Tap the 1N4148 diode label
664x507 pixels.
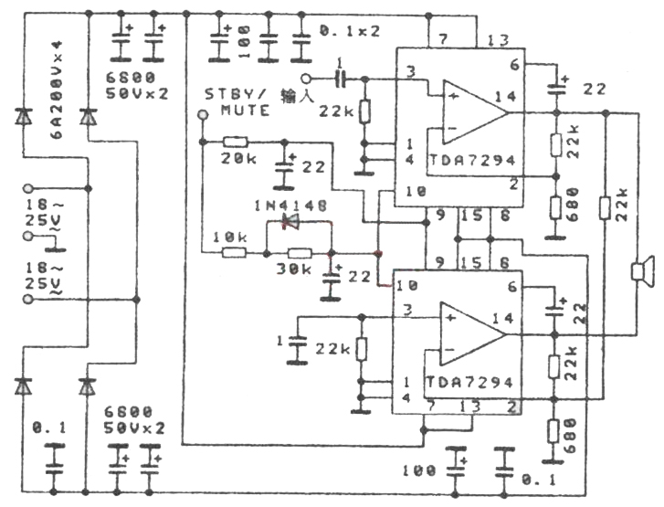coord(292,205)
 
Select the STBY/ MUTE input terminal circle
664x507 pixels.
coord(203,114)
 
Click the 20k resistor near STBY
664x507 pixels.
coord(236,142)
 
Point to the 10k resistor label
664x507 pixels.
coord(229,237)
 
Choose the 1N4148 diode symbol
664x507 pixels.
coord(291,222)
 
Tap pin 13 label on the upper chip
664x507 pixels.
coord(498,41)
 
